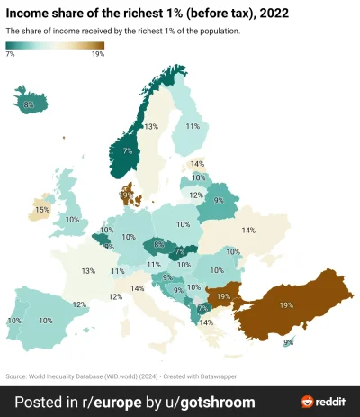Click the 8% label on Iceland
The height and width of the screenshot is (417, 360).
click(x=29, y=105)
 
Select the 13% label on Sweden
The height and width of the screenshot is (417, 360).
click(x=152, y=127)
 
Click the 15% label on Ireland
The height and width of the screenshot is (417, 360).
click(x=41, y=211)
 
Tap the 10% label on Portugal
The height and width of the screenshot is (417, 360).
click(x=13, y=321)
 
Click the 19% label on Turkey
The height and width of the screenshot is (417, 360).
click(x=286, y=306)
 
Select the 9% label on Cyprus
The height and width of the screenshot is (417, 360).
click(x=288, y=342)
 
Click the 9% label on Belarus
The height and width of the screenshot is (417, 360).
click(x=219, y=200)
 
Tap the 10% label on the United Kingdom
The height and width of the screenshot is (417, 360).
click(x=72, y=219)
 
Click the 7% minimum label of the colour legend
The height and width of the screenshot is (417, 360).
click(x=10, y=55)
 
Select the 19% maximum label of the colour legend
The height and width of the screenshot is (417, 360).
click(x=97, y=55)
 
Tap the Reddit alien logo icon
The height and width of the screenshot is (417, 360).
click(x=308, y=401)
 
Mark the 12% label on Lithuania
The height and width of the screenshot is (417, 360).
click(x=195, y=195)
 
